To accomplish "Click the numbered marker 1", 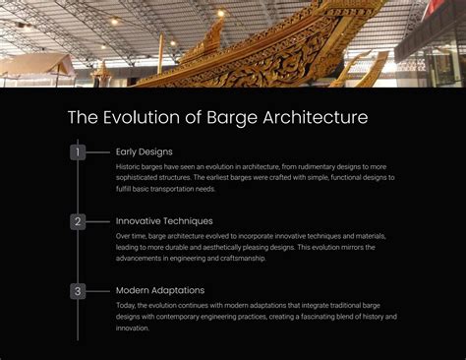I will tap(78, 151).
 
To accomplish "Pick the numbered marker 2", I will tap(78, 221).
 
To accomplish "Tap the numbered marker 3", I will tap(78, 291).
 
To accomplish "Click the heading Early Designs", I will tap(144, 151).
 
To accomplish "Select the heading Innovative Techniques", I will tap(164, 221).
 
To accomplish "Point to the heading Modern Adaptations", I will tap(160, 291).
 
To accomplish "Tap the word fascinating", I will tap(312, 317).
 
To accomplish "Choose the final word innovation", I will tap(133, 329).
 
